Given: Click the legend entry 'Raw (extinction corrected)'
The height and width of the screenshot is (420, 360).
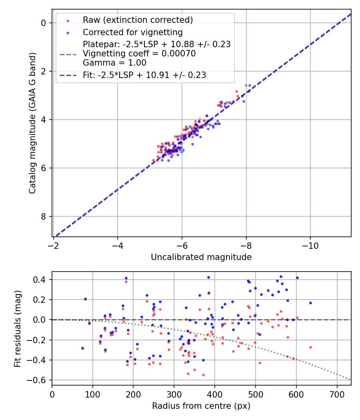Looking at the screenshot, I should [x=138, y=20].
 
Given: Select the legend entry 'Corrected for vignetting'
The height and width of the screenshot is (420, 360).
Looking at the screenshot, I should [x=132, y=32].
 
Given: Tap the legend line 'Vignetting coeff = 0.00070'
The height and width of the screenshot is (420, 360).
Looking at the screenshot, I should [x=139, y=54].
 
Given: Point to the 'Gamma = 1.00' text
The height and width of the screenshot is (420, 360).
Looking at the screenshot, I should [x=114, y=63].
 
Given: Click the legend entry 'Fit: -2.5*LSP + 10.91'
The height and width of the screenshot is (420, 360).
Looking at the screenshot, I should [x=144, y=75].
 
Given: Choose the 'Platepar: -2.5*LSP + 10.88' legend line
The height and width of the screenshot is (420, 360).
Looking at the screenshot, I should [x=156, y=44].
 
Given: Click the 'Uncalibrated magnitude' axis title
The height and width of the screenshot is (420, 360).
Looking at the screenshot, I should [x=201, y=257].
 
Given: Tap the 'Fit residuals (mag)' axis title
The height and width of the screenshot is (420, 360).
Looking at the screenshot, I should [x=17, y=329].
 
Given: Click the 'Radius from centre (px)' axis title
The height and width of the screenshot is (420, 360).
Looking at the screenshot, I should [x=201, y=406].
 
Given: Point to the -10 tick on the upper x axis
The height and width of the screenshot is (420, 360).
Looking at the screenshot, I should [x=310, y=245].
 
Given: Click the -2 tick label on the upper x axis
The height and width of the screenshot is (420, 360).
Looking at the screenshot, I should [x=53, y=245].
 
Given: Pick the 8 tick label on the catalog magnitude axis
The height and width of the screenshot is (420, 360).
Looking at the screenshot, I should [x=44, y=216].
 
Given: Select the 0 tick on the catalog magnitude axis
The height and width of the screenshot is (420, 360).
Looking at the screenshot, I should [x=44, y=23].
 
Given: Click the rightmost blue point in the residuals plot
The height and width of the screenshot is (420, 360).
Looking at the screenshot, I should [x=310, y=303].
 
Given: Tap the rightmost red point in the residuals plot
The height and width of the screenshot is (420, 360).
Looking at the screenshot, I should [x=310, y=347].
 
